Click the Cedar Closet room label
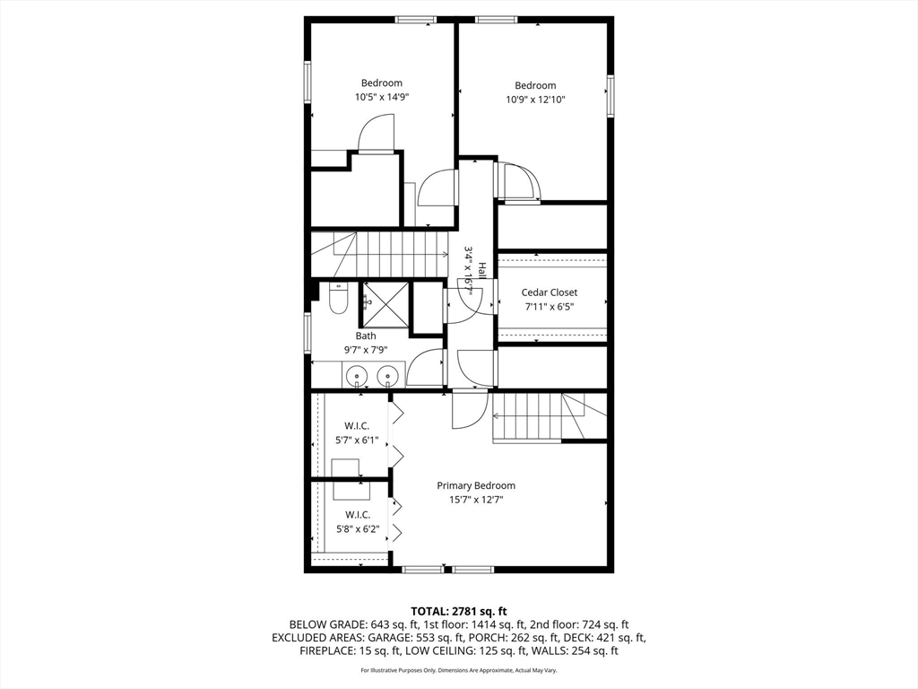point(550,292)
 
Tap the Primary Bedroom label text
point(476,485)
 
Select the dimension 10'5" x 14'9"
point(382,97)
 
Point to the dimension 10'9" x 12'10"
point(535,100)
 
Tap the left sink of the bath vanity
point(357,375)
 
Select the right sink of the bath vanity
point(387,375)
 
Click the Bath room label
point(366,336)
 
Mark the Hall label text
point(482,270)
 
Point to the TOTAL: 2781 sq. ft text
point(458,610)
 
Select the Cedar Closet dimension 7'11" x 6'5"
point(550,307)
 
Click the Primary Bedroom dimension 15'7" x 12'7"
point(476,500)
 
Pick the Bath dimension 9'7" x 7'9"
point(366,350)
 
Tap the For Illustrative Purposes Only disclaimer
point(458,671)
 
